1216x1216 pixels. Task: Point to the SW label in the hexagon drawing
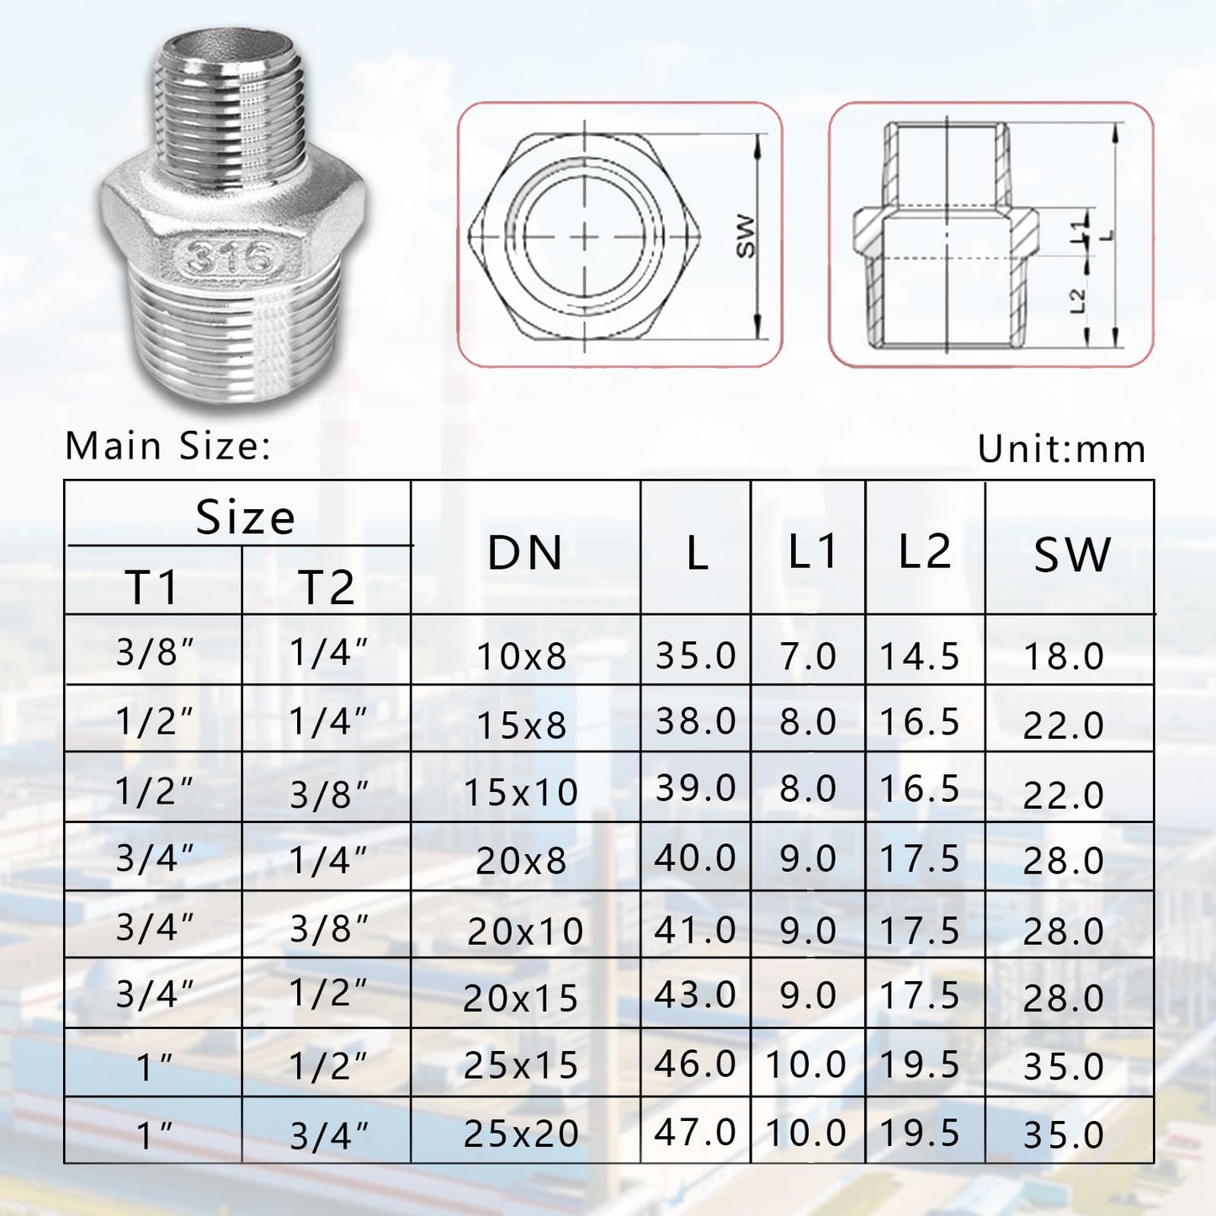(746, 236)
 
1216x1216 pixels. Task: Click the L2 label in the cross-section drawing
(1078, 300)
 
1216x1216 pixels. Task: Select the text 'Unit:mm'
(1061, 449)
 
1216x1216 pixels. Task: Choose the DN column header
(525, 553)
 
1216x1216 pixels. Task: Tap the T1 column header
(152, 587)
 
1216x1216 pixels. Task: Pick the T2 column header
(327, 587)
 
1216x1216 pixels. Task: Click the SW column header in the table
(1071, 555)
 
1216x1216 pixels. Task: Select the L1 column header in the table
(811, 551)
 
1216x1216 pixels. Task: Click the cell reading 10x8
(522, 656)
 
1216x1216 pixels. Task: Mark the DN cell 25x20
(522, 1134)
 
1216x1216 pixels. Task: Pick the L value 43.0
(695, 995)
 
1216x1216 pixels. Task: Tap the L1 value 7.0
(808, 656)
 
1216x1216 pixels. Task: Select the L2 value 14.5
(920, 656)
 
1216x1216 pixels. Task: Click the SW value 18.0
(1064, 656)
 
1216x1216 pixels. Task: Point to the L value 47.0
(695, 1133)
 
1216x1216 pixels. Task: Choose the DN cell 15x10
(522, 793)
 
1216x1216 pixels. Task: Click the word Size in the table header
(245, 517)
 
